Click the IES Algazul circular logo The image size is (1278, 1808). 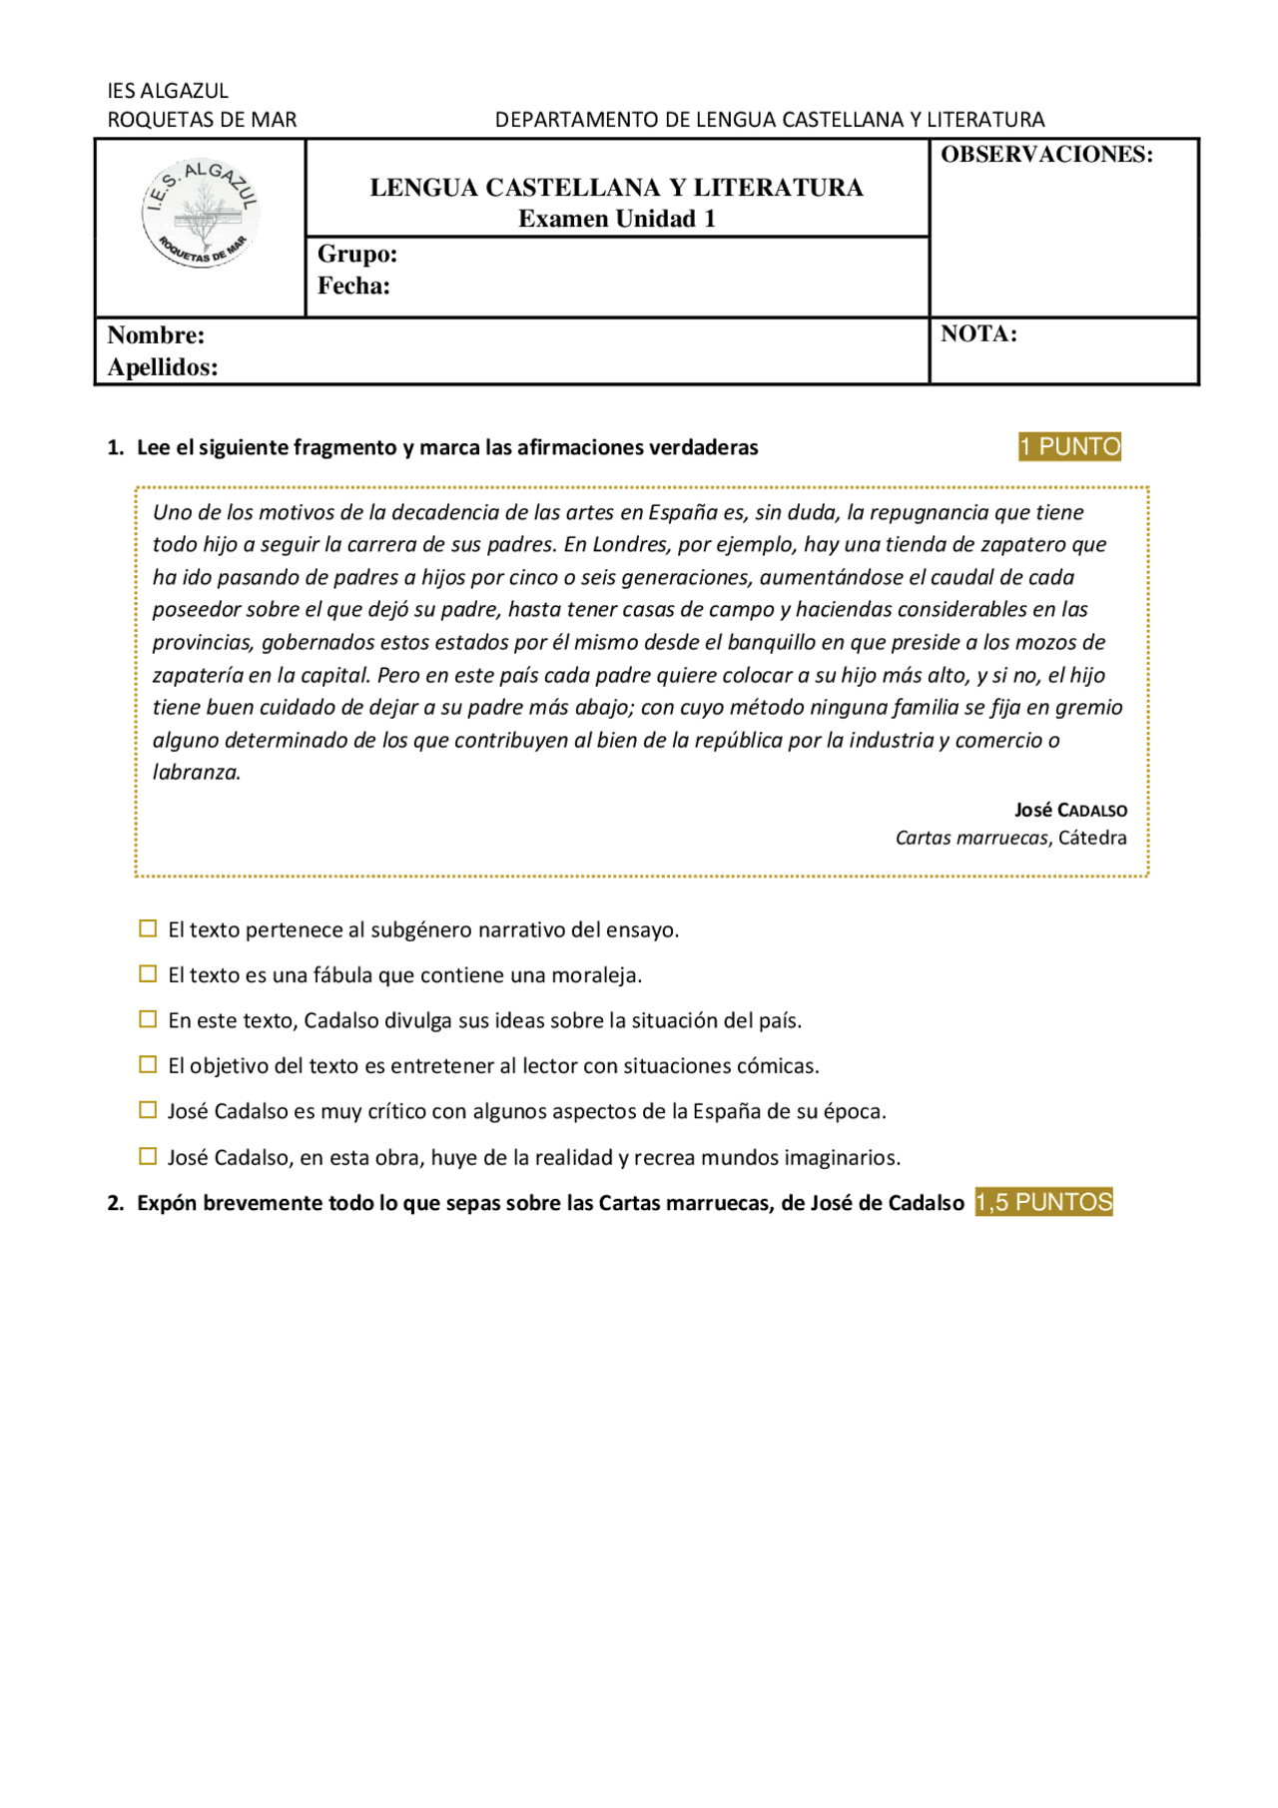201,214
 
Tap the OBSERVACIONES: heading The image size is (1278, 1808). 1046,155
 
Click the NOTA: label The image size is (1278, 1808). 978,334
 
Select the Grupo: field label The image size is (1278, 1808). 357,255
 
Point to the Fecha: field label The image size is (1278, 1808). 353,287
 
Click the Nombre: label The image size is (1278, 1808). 156,335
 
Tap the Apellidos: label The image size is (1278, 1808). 163,367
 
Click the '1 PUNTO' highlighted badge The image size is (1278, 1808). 1069,446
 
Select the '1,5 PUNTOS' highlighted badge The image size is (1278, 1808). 1043,1202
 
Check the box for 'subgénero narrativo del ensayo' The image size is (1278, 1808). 148,928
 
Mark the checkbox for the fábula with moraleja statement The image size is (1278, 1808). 148,973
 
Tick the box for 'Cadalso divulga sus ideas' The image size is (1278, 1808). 148,1019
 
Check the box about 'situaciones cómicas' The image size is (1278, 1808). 148,1064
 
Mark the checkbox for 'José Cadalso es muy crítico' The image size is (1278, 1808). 148,1110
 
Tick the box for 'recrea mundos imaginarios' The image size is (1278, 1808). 148,1156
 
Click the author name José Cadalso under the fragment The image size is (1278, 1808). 1070,810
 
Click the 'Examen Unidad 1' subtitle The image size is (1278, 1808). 616,219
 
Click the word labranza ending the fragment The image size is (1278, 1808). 196,772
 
